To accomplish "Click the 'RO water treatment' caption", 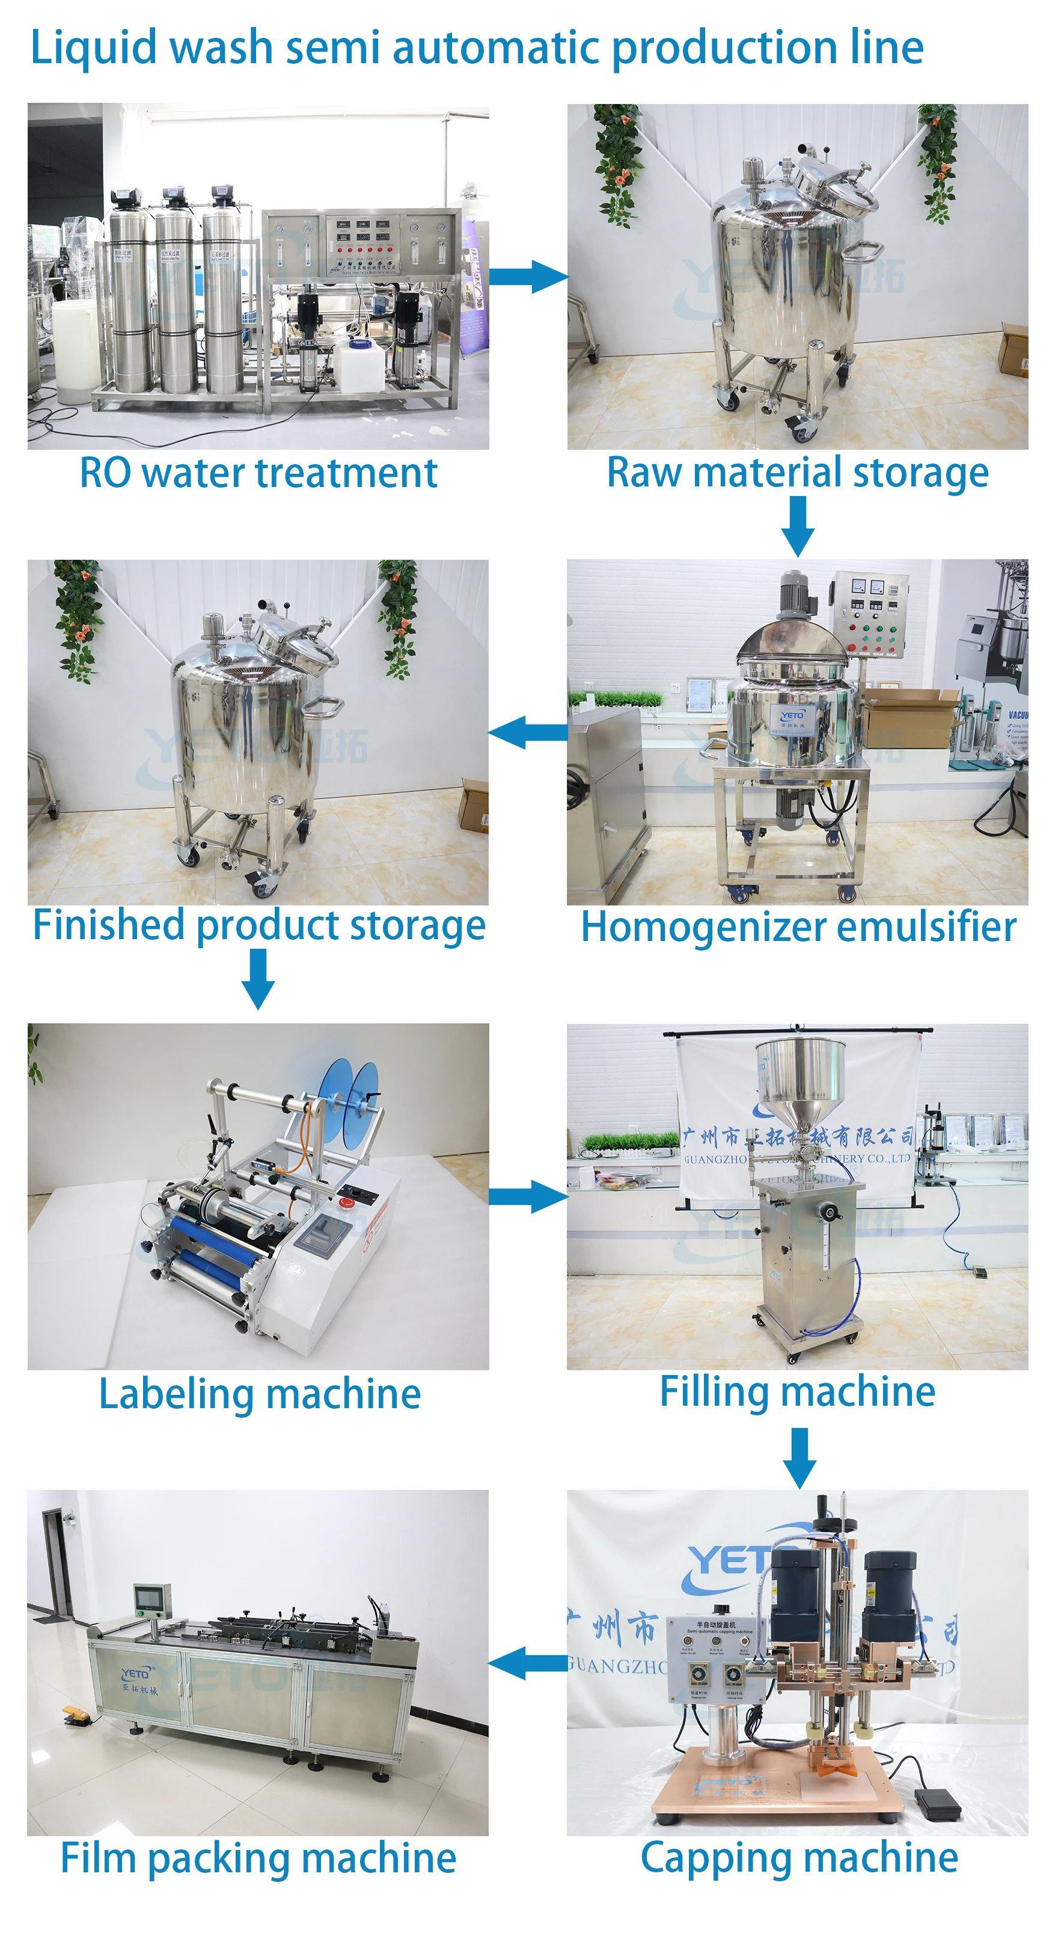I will (258, 474).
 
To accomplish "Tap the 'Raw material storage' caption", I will (797, 474).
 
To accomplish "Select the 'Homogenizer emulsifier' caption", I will (798, 927).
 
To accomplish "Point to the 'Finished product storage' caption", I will (259, 925).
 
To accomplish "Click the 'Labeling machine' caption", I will (260, 1394).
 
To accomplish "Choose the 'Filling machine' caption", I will (797, 1391).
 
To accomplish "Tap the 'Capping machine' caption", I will (799, 1858).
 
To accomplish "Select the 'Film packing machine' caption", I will (258, 1858).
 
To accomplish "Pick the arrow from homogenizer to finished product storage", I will (528, 732).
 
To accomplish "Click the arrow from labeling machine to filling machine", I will (528, 1196).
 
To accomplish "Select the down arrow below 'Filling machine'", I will (800, 1457).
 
